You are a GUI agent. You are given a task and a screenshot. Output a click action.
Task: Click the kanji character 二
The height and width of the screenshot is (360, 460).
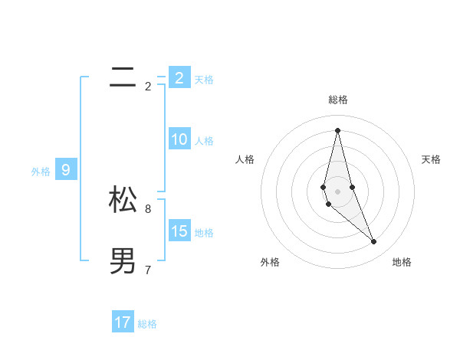pyautogui.click(x=123, y=77)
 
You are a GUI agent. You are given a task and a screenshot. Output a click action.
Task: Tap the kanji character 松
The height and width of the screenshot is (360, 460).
pyautogui.click(x=123, y=200)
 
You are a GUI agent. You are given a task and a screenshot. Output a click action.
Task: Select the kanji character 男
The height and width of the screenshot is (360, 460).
pyautogui.click(x=123, y=261)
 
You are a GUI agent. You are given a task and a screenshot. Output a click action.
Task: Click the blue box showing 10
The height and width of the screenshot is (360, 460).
pyautogui.click(x=179, y=139)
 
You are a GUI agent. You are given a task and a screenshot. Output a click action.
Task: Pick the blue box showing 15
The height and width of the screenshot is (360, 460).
pyautogui.click(x=179, y=231)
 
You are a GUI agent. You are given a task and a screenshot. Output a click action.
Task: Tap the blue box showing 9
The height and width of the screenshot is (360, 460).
pyautogui.click(x=66, y=170)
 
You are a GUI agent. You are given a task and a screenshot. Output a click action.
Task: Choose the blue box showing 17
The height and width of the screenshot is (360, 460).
pyautogui.click(x=123, y=322)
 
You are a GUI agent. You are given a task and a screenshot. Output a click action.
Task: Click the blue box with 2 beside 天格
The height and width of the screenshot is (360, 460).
pyautogui.click(x=179, y=77)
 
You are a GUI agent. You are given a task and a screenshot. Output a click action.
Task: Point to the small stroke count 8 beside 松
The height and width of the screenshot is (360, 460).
pyautogui.click(x=148, y=208)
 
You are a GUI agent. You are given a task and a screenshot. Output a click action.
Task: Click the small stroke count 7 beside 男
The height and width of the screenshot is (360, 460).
pyautogui.click(x=148, y=270)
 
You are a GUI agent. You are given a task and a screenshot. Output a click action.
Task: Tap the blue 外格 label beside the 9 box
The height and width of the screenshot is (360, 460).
pyautogui.click(x=41, y=172)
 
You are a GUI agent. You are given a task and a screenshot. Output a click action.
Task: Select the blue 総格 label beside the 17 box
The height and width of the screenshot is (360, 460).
pyautogui.click(x=147, y=324)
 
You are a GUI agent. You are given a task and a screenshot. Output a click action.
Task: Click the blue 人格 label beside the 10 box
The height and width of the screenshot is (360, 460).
pyautogui.click(x=204, y=141)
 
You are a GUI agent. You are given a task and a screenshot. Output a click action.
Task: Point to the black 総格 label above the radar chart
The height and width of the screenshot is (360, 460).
pyautogui.click(x=338, y=100)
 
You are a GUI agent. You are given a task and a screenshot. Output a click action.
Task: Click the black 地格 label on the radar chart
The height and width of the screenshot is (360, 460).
pyautogui.click(x=402, y=262)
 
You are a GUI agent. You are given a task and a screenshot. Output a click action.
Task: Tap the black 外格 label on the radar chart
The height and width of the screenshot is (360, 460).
pyautogui.click(x=270, y=262)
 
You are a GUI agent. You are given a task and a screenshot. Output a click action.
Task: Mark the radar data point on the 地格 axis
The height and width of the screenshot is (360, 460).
pyautogui.click(x=374, y=241)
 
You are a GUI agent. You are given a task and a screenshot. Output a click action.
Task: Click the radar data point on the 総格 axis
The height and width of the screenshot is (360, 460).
pyautogui.click(x=337, y=129)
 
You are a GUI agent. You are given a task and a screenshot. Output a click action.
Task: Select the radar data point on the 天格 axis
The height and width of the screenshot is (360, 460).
pyautogui.click(x=352, y=187)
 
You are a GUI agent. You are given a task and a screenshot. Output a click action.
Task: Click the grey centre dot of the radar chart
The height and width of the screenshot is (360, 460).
pyautogui.click(x=337, y=191)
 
